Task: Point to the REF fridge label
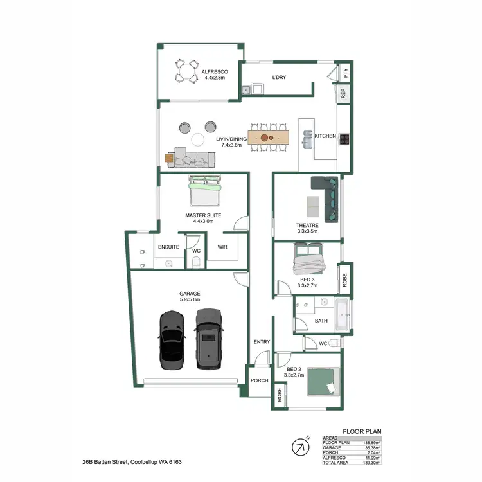point(344,94)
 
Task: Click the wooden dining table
point(270,137)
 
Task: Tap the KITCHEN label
point(325,136)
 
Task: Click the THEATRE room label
point(307,226)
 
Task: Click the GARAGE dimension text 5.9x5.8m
point(190,299)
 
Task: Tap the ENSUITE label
point(168,247)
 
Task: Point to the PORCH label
point(260,380)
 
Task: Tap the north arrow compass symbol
point(299,445)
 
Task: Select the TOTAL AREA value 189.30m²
point(371,462)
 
